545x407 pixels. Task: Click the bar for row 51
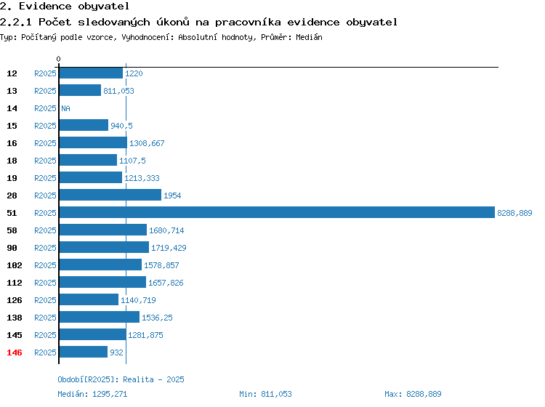(x=277, y=212)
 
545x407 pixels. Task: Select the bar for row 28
(x=110, y=195)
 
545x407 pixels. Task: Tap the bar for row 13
(x=80, y=90)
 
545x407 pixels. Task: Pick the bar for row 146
(x=84, y=352)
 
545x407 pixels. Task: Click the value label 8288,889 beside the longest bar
(x=514, y=213)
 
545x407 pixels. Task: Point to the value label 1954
(x=172, y=196)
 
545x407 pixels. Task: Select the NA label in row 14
(x=65, y=108)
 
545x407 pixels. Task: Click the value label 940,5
(x=121, y=126)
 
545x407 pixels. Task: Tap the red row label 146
(x=15, y=352)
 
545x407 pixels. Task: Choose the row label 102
(x=15, y=265)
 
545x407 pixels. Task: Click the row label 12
(x=12, y=73)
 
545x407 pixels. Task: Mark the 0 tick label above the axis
(x=58, y=59)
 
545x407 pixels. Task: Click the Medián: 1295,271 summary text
(x=92, y=394)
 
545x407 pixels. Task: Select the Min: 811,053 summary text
(x=265, y=394)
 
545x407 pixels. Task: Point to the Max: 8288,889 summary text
(x=413, y=394)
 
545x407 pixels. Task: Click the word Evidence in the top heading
(x=45, y=6)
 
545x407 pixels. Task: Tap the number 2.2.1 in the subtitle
(x=16, y=22)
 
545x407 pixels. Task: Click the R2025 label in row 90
(x=45, y=248)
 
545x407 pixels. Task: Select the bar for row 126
(x=89, y=299)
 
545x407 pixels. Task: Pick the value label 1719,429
(x=169, y=248)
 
